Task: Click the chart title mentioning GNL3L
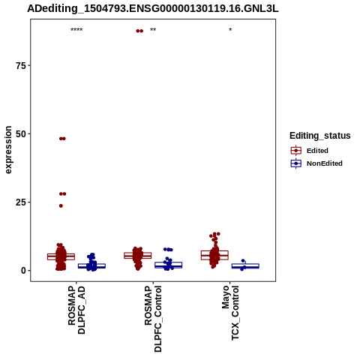153,9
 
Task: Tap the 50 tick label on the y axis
21,134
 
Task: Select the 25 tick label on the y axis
21,202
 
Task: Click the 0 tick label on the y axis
23,271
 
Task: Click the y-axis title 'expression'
8,150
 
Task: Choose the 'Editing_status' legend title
320,136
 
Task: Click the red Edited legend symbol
296,151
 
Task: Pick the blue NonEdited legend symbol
296,163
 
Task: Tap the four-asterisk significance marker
76,30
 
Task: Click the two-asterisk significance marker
153,30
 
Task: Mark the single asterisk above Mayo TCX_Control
230,30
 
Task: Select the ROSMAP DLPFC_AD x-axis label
76,310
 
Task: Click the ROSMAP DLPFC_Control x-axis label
153,319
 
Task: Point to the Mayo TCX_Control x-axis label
230,313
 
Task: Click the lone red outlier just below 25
61,205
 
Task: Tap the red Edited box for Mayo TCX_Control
214,255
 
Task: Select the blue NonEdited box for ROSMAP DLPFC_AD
91,265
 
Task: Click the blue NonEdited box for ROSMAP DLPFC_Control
169,265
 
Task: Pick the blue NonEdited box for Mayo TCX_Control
245,266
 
